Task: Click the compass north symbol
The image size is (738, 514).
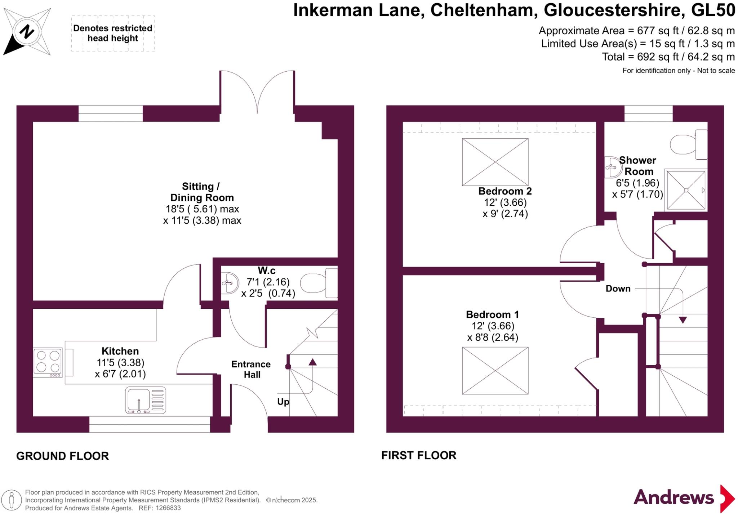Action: [26, 32]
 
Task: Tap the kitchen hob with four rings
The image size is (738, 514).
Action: [48, 362]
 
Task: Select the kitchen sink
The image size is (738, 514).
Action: [146, 400]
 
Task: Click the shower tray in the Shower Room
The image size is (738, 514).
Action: [686, 190]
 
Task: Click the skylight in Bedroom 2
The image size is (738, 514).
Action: [495, 162]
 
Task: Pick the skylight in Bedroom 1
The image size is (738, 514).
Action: [495, 370]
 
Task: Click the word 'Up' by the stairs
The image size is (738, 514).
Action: [283, 402]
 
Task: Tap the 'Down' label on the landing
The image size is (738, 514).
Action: [618, 289]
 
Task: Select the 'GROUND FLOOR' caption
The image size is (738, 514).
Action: [62, 456]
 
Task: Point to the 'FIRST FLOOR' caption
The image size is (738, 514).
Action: [419, 455]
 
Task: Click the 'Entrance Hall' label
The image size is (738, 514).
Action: [251, 369]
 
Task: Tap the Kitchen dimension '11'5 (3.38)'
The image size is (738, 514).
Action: [120, 362]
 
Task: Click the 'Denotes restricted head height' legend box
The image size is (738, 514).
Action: [113, 33]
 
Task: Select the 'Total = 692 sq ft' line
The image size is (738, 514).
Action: [668, 57]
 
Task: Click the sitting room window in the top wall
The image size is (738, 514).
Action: [111, 113]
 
